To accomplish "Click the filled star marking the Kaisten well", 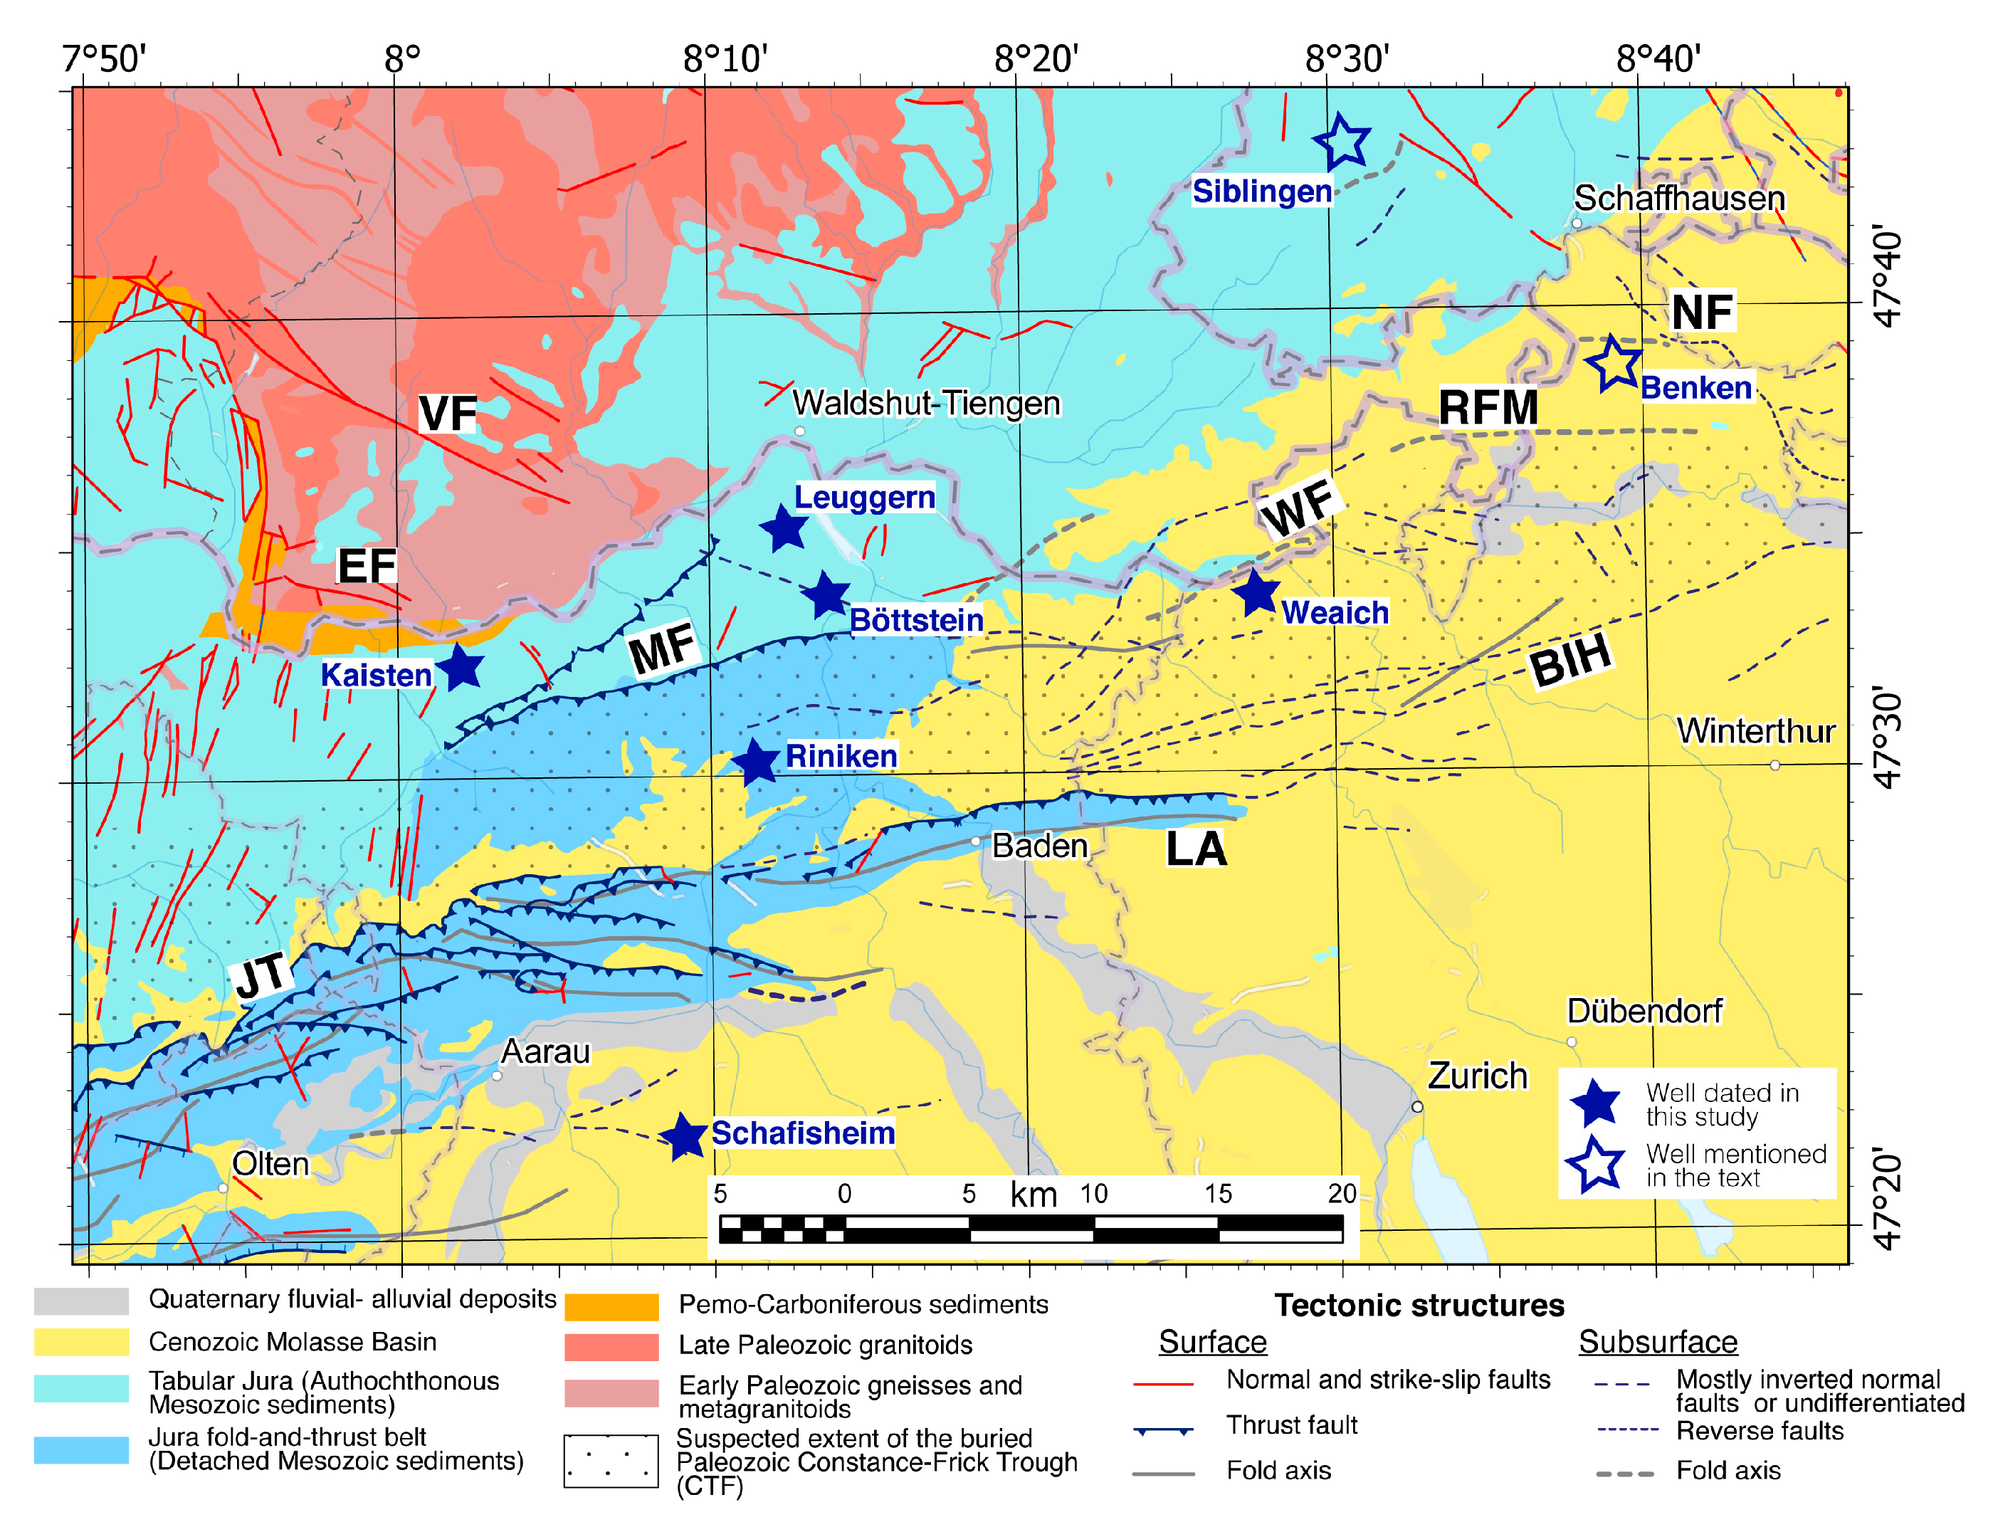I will pos(461,668).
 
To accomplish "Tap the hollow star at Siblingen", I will pos(1342,142).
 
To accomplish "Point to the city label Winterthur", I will pos(1755,731).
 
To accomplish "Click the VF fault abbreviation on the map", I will pos(448,414).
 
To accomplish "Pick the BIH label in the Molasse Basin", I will pos(1569,659).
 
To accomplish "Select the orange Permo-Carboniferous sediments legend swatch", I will pos(611,1306).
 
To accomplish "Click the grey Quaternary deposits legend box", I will pos(81,1301).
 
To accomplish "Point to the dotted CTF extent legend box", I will pos(611,1461).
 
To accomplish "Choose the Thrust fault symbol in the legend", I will pos(1163,1429).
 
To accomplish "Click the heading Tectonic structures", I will pos(1419,1305).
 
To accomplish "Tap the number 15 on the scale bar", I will pos(1218,1193).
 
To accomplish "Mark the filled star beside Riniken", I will pos(755,761).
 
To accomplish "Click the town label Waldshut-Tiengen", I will pos(925,403).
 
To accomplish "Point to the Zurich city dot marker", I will pos(1417,1106).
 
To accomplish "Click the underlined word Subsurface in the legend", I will pos(1657,1342).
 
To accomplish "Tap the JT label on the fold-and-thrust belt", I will pos(262,975).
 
